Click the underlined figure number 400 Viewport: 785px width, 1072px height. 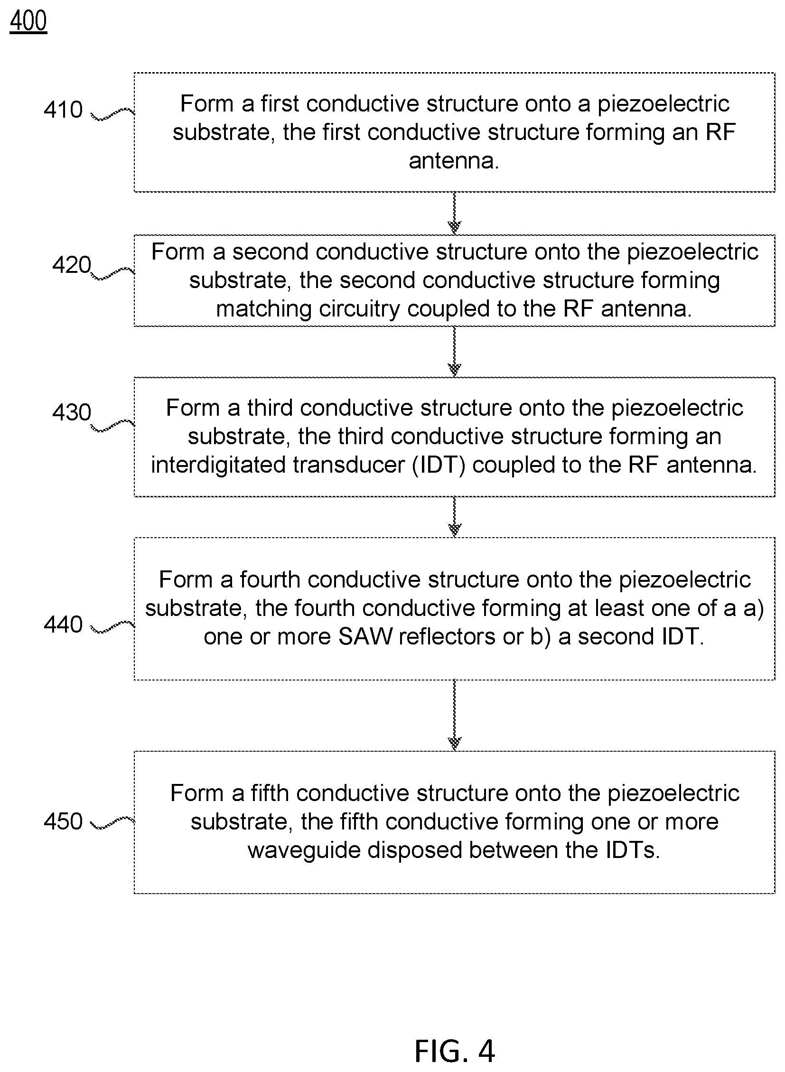pos(28,21)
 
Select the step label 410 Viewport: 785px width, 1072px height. pos(63,110)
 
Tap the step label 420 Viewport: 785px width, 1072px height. pos(71,265)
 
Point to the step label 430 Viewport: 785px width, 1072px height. pos(71,412)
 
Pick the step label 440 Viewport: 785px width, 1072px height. pos(63,625)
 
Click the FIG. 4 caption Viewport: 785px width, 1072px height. pos(455,1051)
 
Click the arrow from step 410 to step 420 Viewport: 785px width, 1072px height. pos(455,214)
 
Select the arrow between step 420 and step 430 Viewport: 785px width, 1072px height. pos(455,352)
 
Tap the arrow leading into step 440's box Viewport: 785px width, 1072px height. pos(455,517)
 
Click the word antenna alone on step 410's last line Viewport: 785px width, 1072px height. pos(454,160)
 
